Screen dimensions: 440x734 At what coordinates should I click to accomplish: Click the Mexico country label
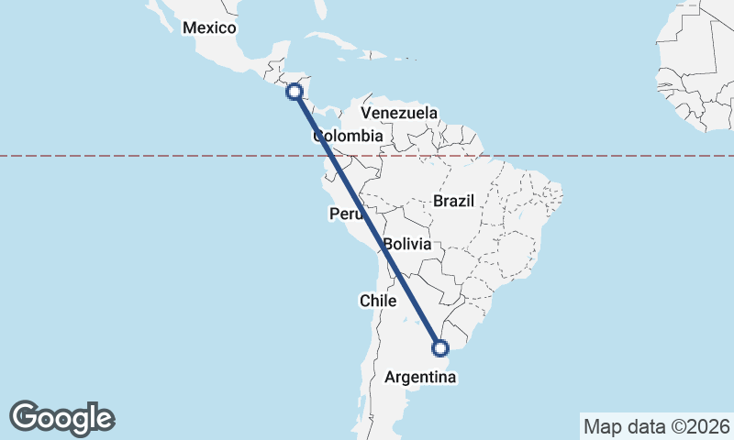click(209, 27)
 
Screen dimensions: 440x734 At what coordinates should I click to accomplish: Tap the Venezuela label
click(399, 113)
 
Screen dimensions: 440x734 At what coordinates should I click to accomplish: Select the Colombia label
click(347, 137)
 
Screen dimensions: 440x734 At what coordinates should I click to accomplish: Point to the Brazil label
click(453, 201)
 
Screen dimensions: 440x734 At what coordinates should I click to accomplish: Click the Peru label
click(347, 214)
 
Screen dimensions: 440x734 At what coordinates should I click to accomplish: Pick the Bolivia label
click(407, 245)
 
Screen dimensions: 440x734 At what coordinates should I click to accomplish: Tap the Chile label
click(378, 301)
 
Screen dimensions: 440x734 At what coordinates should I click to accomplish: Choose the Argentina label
click(420, 378)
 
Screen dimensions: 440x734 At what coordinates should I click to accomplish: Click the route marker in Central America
click(295, 91)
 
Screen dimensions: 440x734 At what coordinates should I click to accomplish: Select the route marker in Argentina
click(440, 348)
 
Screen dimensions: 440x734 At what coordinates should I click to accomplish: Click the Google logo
click(62, 418)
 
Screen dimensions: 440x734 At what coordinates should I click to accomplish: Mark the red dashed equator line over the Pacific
click(138, 156)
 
